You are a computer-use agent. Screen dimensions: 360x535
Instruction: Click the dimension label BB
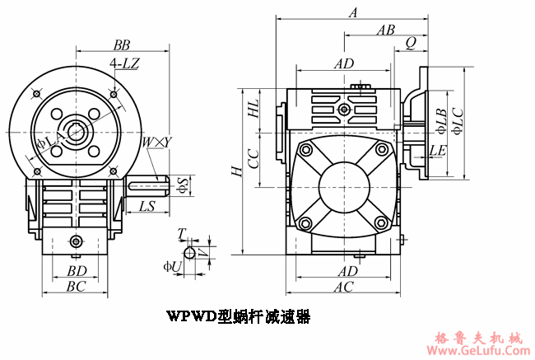click(122, 44)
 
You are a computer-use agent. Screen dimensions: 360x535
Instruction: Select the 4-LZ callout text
click(123, 63)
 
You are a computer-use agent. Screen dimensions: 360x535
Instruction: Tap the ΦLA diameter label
click(48, 144)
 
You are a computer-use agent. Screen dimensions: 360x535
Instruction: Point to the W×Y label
click(156, 143)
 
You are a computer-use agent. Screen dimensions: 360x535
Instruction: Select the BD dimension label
click(77, 270)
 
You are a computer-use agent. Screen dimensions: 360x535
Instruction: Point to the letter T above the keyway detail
click(182, 234)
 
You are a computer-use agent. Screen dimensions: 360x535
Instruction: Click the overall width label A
click(353, 12)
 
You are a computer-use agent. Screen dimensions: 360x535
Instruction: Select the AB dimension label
click(384, 30)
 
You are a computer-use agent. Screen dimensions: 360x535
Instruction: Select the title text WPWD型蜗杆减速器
click(238, 316)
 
